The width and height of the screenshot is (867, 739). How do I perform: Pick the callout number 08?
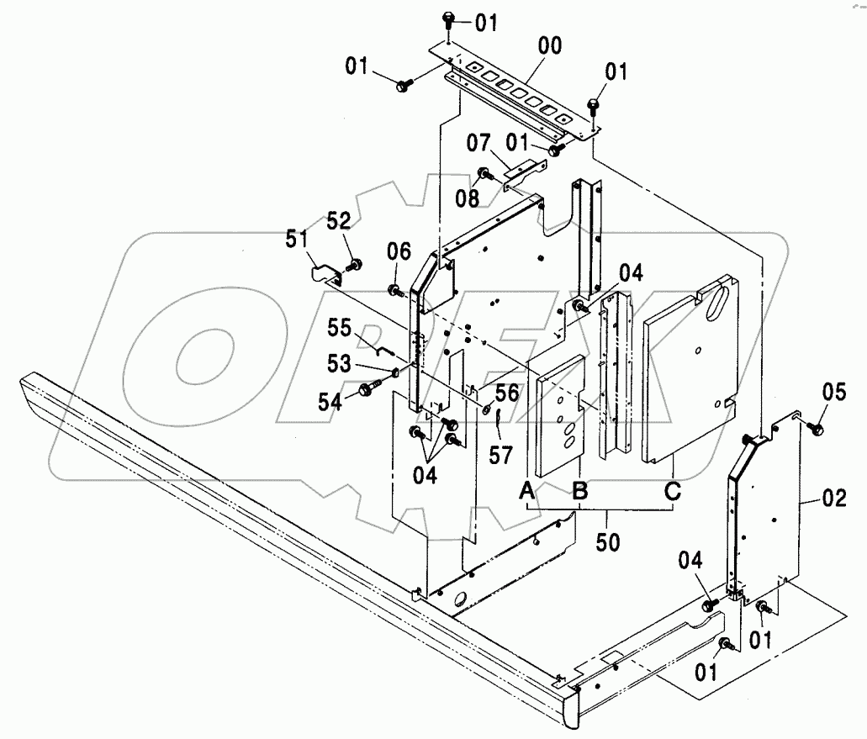[468, 198]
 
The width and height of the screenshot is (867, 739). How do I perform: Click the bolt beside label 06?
[394, 290]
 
